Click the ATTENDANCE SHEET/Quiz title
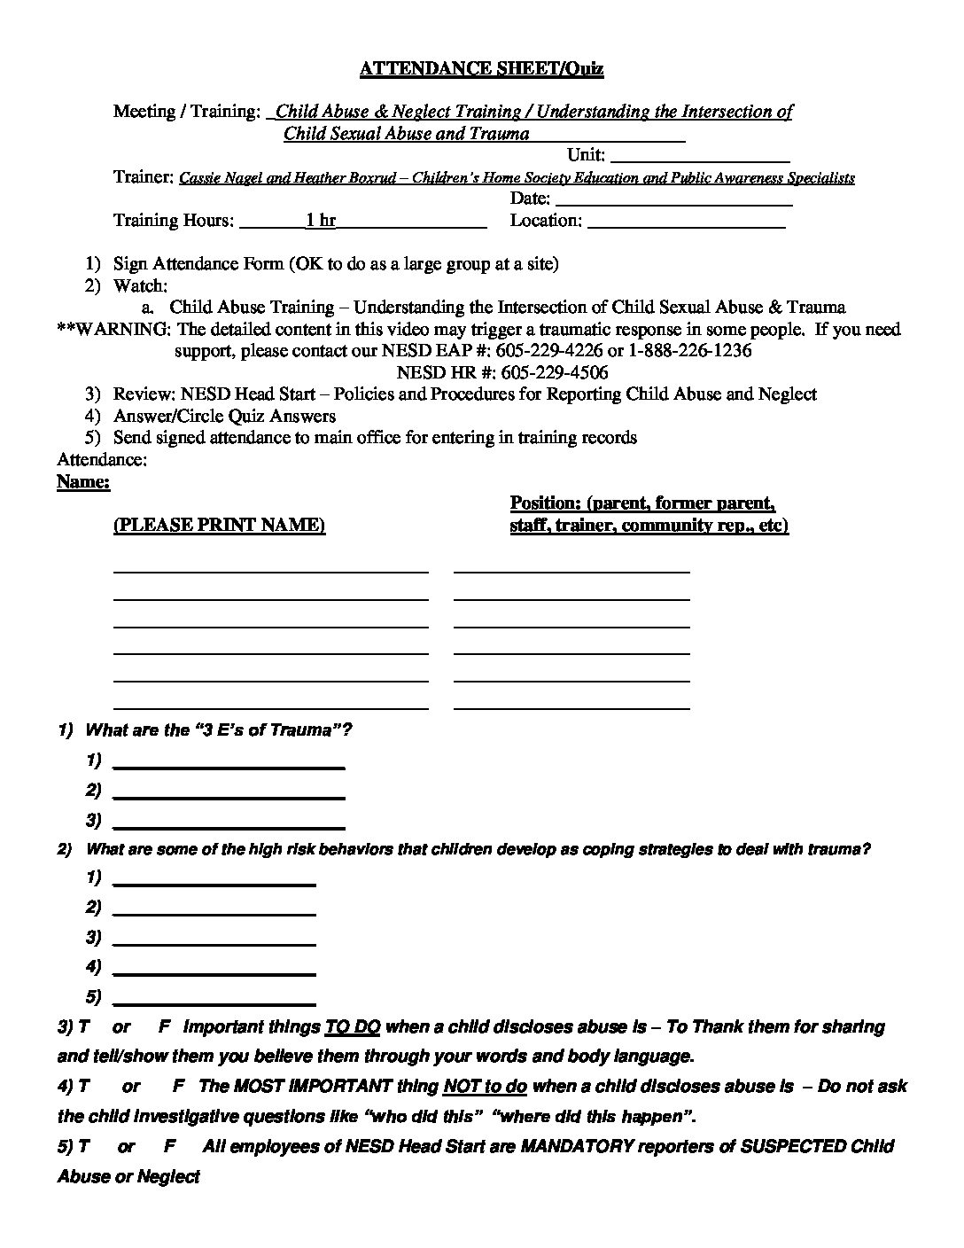click(x=481, y=68)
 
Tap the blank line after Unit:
click(x=700, y=157)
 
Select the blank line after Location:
click(x=686, y=223)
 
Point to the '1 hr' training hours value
click(x=320, y=221)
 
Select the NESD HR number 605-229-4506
click(x=554, y=372)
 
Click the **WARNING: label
click(x=113, y=330)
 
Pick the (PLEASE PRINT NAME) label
click(x=219, y=526)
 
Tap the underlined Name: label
click(x=83, y=482)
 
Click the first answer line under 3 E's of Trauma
click(x=229, y=762)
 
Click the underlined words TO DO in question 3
click(x=353, y=1027)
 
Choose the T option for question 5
click(x=84, y=1146)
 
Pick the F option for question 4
click(x=177, y=1087)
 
